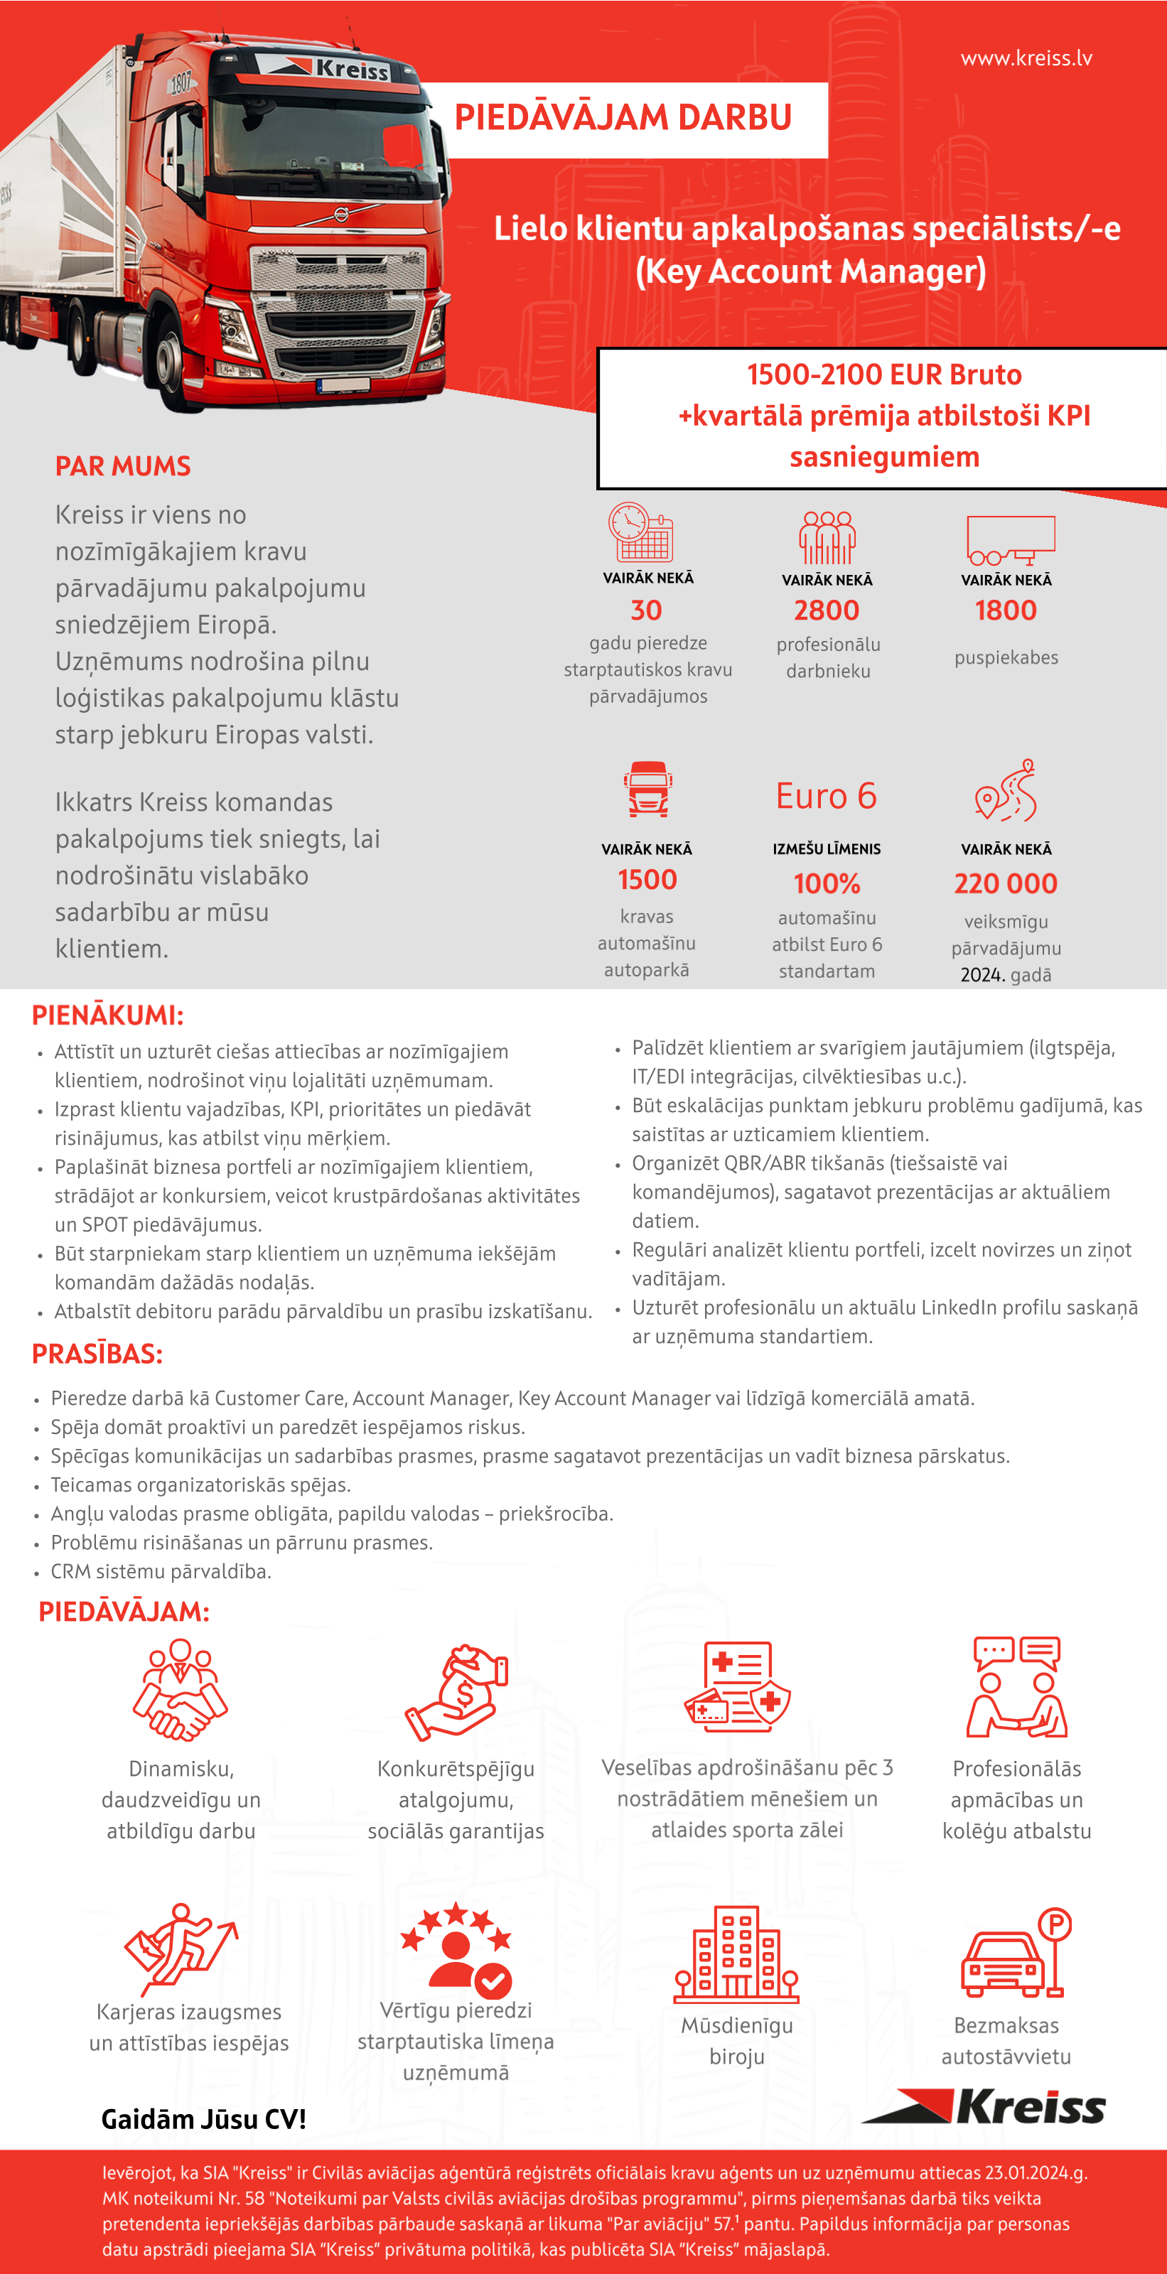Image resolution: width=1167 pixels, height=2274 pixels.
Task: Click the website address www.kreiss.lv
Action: click(x=1026, y=58)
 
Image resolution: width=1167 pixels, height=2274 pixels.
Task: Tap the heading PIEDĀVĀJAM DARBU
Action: click(x=623, y=117)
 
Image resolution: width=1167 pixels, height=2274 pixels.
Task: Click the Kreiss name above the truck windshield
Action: click(x=351, y=69)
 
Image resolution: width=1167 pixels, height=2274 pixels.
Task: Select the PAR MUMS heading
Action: click(x=123, y=466)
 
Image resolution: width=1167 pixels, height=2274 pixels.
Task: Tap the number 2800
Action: click(x=827, y=610)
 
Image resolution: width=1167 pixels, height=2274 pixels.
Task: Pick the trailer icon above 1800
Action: click(x=1010, y=539)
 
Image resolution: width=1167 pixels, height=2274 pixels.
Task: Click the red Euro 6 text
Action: click(x=827, y=796)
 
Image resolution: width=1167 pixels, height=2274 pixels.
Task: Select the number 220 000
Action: click(x=1006, y=883)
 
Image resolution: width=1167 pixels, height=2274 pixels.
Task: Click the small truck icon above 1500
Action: click(x=647, y=788)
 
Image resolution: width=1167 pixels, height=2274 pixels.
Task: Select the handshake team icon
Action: click(x=180, y=1690)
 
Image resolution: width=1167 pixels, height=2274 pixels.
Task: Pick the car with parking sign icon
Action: click(x=1015, y=1953)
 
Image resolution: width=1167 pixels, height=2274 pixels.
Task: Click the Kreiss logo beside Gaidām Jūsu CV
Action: click(x=984, y=2107)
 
